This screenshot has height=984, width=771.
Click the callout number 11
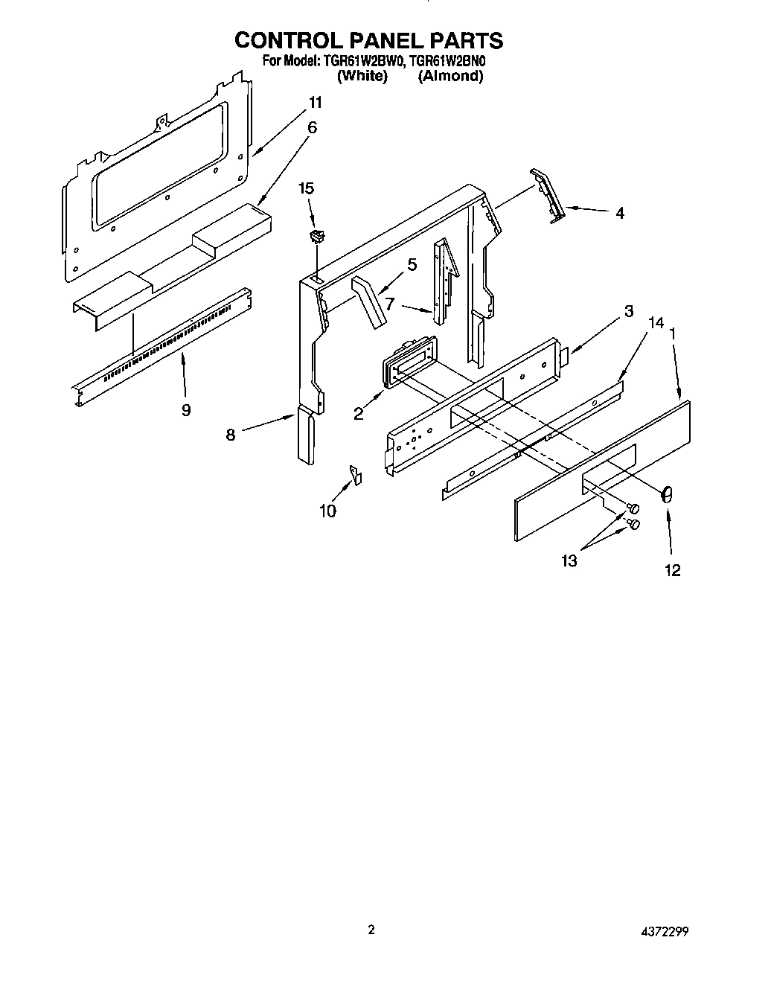pos(316,103)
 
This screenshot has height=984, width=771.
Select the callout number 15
pos(307,189)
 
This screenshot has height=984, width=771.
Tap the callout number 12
pos(672,570)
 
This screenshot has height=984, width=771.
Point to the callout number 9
pos(186,409)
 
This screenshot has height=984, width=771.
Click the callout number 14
pos(655,322)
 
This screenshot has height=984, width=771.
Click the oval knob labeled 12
pos(668,493)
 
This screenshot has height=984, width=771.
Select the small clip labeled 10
pos(356,474)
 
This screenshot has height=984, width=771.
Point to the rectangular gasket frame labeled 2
pos(406,362)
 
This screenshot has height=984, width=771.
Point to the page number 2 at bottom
pos(371,930)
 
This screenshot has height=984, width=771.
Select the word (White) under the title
pos(362,76)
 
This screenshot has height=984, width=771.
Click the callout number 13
pos(569,560)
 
